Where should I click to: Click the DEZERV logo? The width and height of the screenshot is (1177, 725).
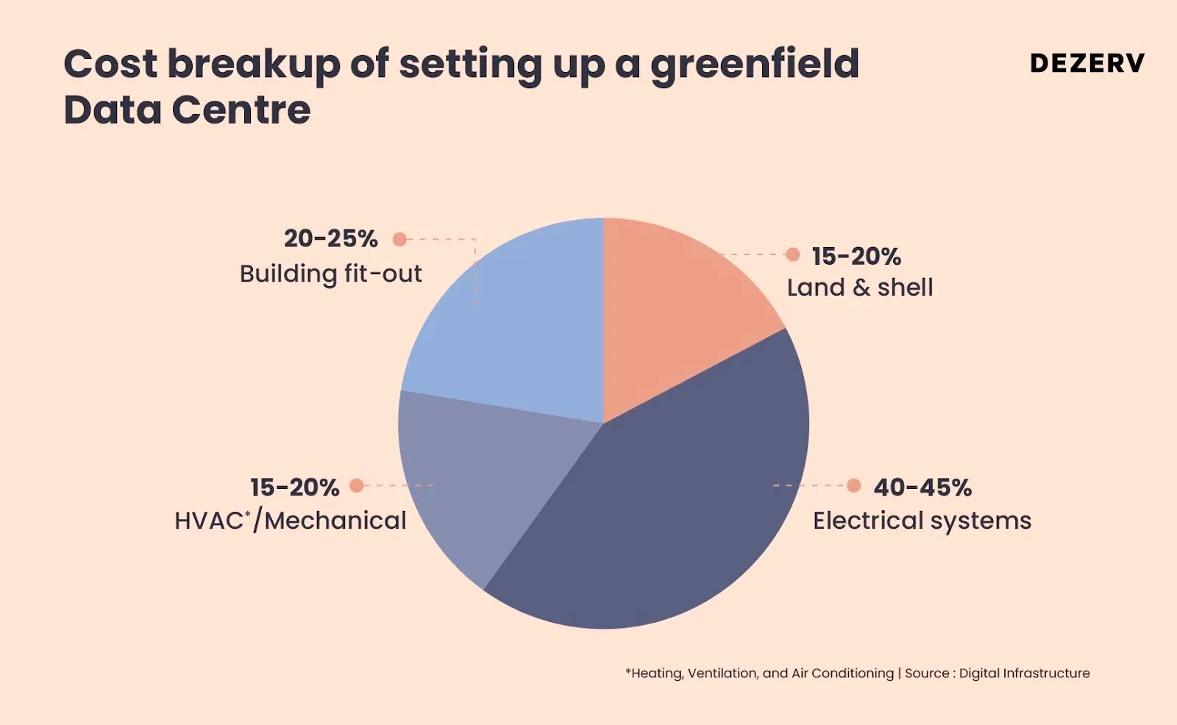pyautogui.click(x=1087, y=63)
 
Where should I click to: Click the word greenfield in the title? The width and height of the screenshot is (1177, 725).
pyautogui.click(x=754, y=65)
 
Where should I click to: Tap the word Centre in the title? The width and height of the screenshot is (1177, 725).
pyautogui.click(x=241, y=110)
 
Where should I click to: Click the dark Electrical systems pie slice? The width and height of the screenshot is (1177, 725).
pyautogui.click(x=662, y=515)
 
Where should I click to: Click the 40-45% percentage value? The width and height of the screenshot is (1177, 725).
pyautogui.click(x=922, y=487)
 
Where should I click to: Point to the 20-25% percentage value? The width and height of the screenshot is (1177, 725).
pyautogui.click(x=330, y=238)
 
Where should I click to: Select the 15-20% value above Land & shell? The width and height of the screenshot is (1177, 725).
pyautogui.click(x=856, y=256)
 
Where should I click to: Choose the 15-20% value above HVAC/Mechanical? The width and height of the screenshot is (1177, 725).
pyautogui.click(x=294, y=487)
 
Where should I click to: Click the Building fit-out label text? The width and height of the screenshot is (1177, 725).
pyautogui.click(x=330, y=274)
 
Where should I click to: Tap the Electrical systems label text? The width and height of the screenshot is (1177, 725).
pyautogui.click(x=922, y=521)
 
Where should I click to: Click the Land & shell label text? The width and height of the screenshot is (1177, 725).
pyautogui.click(x=860, y=287)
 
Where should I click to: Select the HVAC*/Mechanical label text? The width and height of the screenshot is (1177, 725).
pyautogui.click(x=290, y=521)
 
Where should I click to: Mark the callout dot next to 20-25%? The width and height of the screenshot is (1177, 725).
pyautogui.click(x=399, y=239)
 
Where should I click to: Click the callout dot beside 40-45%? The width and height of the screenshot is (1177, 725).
pyautogui.click(x=853, y=485)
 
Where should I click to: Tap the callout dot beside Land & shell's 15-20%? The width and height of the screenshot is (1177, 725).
pyautogui.click(x=792, y=254)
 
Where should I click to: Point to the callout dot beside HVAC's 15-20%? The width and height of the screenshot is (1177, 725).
pyautogui.click(x=357, y=485)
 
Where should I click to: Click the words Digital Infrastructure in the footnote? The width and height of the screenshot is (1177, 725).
pyautogui.click(x=1024, y=673)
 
